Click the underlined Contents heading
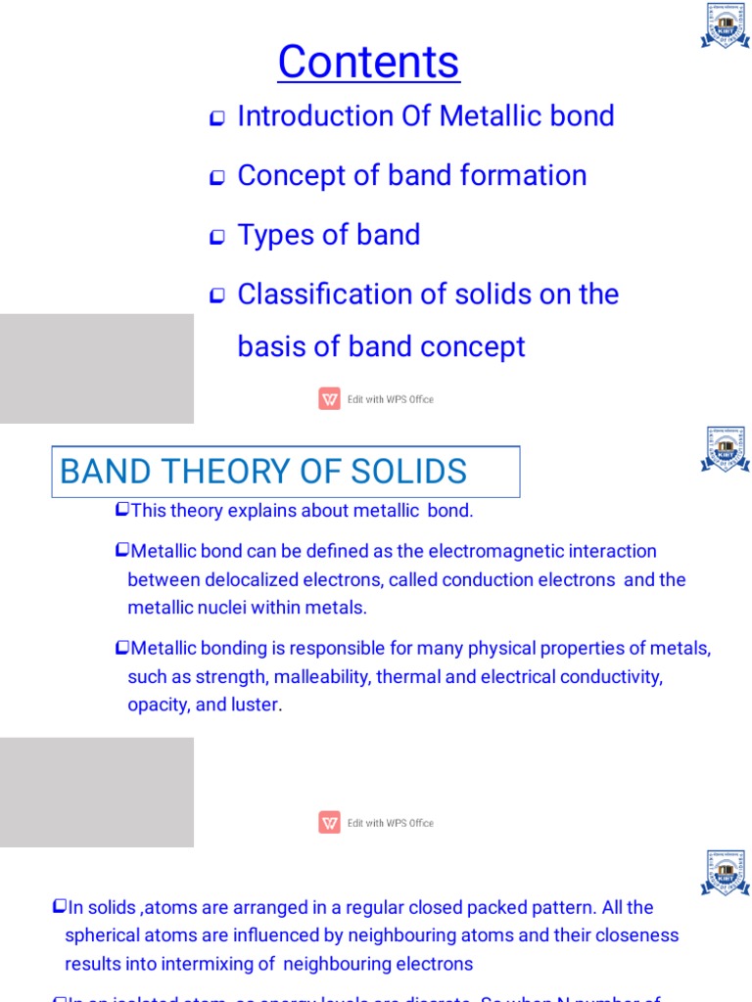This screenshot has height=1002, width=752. (x=368, y=63)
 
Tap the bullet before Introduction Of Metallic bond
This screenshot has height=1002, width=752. (x=217, y=118)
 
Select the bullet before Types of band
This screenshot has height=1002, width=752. (x=217, y=237)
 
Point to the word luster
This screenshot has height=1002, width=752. (x=255, y=705)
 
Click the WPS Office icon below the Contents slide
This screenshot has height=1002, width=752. (x=329, y=399)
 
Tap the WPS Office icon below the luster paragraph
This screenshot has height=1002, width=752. (x=329, y=823)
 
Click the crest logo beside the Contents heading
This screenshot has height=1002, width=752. (x=725, y=26)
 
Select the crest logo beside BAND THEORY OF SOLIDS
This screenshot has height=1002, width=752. (x=725, y=449)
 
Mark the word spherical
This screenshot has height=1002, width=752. (x=98, y=935)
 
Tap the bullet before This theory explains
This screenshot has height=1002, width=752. (x=121, y=509)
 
